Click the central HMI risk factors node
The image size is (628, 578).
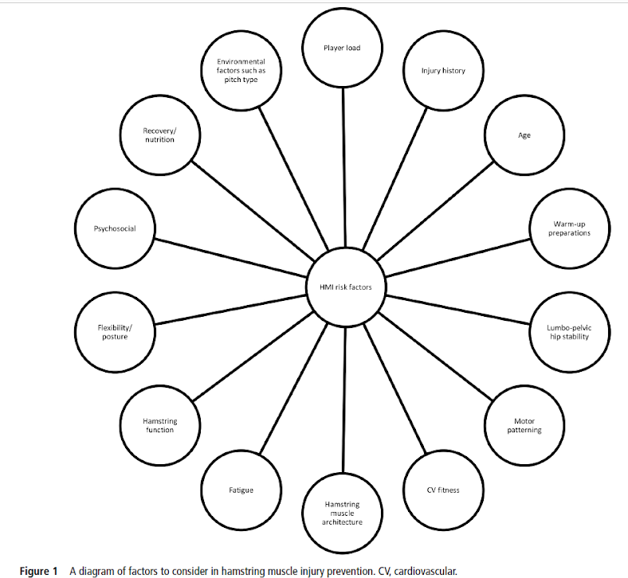click(346, 287)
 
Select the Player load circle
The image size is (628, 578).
click(342, 48)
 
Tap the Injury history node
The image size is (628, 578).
click(443, 71)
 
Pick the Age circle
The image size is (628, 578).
click(524, 135)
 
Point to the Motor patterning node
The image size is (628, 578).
click(523, 426)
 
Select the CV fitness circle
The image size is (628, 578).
click(443, 490)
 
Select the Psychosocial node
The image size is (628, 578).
click(115, 228)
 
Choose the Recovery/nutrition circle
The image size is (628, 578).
click(159, 135)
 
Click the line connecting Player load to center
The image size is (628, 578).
click(343, 167)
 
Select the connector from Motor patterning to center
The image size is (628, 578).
click(435, 357)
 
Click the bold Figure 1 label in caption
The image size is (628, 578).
click(39, 571)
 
